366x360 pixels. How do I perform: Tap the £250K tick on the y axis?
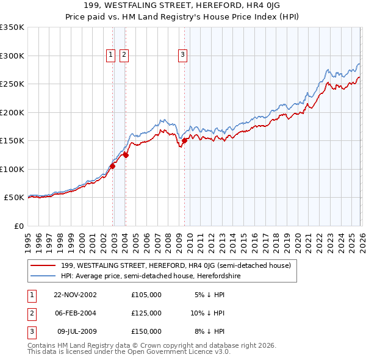12,84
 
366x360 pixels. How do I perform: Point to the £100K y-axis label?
12,169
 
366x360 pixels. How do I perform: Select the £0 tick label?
18,226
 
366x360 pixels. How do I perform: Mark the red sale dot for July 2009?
184,140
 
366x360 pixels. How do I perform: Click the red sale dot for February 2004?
126,155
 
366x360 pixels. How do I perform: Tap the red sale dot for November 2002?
113,166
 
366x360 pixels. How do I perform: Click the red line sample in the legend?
44,266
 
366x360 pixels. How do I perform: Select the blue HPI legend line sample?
44,276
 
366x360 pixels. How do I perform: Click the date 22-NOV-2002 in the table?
75,295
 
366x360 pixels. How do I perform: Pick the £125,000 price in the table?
146,313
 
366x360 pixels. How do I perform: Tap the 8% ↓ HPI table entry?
210,331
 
